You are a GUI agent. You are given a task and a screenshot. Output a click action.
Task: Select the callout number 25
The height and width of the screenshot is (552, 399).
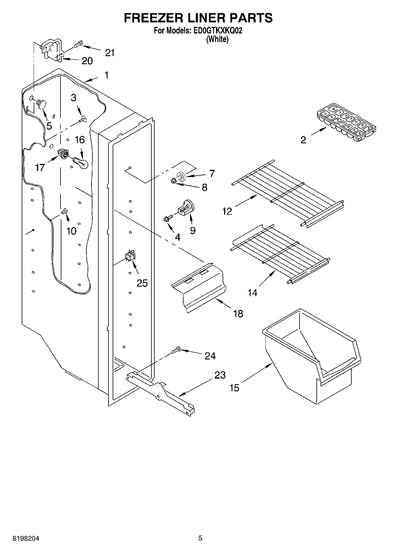(x=142, y=283)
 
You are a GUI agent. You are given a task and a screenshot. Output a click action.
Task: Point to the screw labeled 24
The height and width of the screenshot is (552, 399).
(x=176, y=350)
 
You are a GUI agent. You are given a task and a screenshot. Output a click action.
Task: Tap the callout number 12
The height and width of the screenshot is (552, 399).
(x=227, y=211)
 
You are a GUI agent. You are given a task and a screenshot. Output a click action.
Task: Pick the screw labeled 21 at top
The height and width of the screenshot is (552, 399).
(x=78, y=44)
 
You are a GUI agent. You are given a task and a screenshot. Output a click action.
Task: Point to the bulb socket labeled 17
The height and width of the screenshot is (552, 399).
(x=63, y=154)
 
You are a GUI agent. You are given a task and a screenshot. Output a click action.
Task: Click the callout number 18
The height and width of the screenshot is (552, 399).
(x=238, y=313)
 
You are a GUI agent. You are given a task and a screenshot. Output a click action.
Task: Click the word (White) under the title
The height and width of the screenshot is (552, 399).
(x=218, y=39)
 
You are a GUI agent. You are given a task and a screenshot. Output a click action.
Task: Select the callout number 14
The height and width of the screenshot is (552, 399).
(x=252, y=293)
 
